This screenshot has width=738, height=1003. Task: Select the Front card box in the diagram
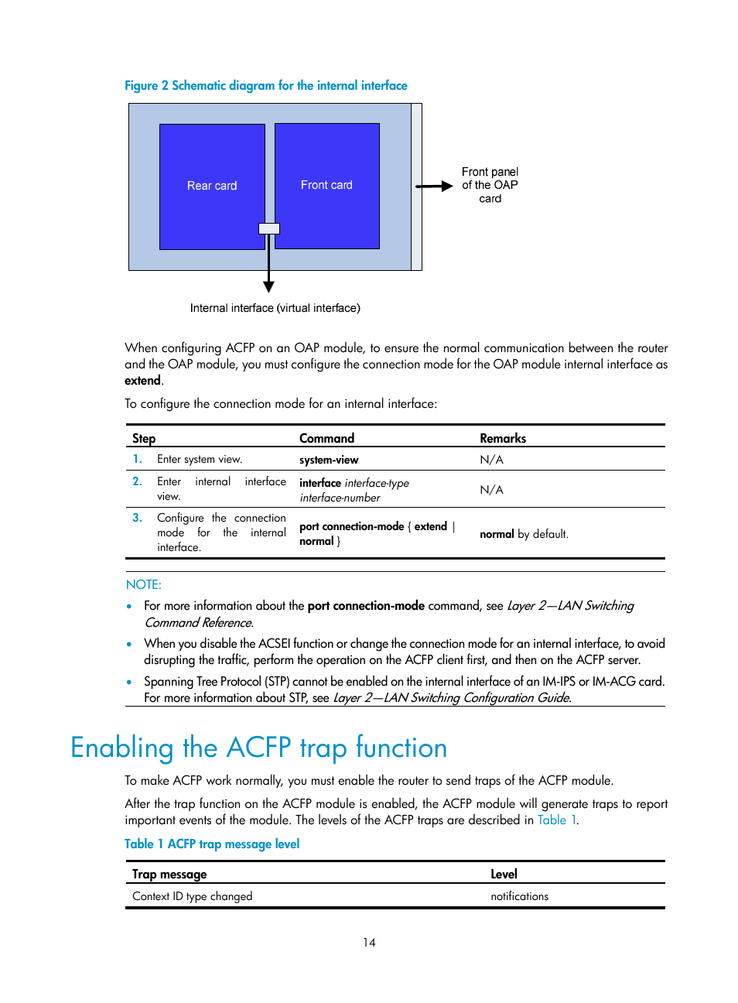326,185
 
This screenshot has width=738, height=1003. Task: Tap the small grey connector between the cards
268,228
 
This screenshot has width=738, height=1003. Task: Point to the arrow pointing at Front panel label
434,186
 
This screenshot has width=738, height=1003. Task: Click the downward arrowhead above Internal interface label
268,287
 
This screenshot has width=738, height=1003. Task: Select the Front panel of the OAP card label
490,185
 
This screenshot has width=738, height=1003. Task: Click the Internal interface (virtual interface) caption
275,308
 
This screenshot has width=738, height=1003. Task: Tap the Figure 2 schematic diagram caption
266,86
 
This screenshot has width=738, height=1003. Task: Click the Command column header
326,438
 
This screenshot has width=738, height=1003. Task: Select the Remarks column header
503,438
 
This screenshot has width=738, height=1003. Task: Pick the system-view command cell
329,460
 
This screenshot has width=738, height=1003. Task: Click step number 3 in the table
137,518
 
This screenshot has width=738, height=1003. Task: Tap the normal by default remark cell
524,534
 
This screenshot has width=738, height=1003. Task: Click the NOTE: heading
144,585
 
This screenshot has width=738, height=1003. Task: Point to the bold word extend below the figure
143,381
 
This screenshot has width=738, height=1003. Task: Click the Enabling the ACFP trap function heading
259,748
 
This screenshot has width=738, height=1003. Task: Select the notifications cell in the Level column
519,896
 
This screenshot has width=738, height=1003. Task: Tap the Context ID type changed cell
193,896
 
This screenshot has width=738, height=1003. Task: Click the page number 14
369,943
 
